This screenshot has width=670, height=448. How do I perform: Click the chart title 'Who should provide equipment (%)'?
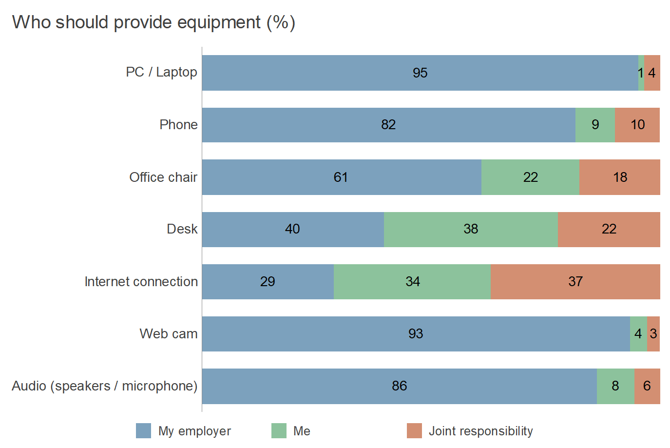click(x=153, y=22)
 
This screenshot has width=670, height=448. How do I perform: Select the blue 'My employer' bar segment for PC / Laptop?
click(x=341, y=73)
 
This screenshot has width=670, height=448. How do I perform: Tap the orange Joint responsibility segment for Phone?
click(x=637, y=125)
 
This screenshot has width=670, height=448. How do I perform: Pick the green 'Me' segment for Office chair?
click(x=530, y=177)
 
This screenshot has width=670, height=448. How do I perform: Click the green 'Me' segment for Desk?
click(x=470, y=229)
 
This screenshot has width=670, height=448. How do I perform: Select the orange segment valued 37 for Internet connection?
click(x=575, y=282)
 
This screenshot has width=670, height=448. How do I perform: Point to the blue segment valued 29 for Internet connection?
click(x=268, y=282)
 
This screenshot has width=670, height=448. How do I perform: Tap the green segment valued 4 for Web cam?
click(x=638, y=334)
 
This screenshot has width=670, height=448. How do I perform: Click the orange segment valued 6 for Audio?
click(x=647, y=386)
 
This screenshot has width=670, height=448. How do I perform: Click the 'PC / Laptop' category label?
click(x=161, y=72)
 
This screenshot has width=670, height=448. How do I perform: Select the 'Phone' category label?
click(x=178, y=125)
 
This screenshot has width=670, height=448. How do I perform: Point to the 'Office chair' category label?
click(x=163, y=177)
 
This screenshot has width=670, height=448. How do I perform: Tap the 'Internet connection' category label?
click(x=141, y=282)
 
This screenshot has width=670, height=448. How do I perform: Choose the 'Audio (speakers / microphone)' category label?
click(x=104, y=386)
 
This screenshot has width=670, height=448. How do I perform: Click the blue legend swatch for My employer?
click(x=143, y=431)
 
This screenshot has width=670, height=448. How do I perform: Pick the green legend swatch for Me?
click(x=279, y=431)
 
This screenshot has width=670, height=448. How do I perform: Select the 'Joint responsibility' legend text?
click(x=480, y=431)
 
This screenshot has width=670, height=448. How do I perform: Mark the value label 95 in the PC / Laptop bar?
click(x=420, y=73)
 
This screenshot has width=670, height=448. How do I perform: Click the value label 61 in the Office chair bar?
click(x=341, y=177)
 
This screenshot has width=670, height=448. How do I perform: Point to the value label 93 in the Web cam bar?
click(x=416, y=334)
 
